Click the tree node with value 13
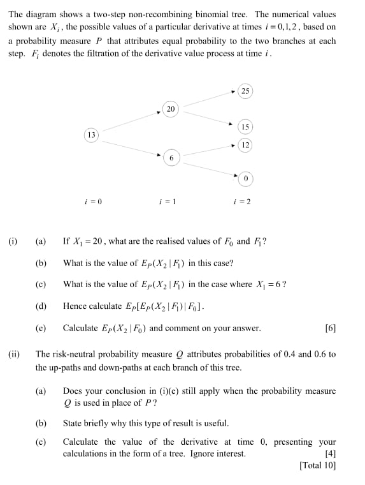[92, 135]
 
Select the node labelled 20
[170, 109]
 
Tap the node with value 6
[171, 157]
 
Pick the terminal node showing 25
[245, 91]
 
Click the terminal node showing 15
[245, 126]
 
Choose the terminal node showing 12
[245, 145]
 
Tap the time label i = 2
[243, 202]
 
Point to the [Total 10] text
[317, 465]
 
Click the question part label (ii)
[13, 353]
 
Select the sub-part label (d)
[41, 306]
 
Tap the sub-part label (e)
[41, 329]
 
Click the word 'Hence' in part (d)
[74, 306]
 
